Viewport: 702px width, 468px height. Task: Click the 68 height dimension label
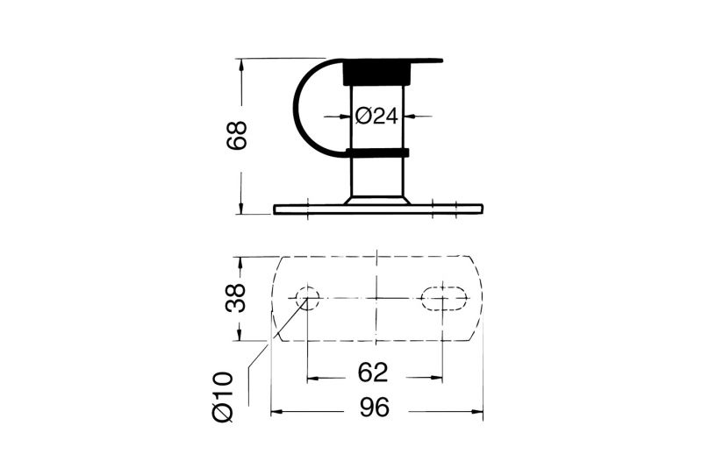coord(237,136)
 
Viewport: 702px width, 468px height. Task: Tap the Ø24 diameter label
coord(376,117)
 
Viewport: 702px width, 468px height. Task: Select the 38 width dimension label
coord(236,298)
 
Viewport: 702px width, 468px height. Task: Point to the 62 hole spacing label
coord(373,372)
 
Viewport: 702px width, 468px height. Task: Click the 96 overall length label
coord(376,408)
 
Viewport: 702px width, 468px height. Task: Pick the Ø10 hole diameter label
coord(224,397)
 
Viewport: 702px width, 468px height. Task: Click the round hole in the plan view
coord(307,297)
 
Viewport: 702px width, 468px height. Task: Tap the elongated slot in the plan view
coord(444,297)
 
